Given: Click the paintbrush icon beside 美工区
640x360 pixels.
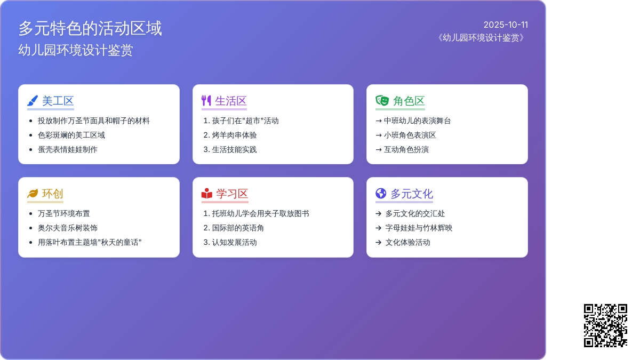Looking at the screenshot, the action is [33, 101].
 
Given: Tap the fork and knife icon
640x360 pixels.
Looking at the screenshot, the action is [206, 101].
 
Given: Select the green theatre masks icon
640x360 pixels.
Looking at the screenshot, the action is [382, 101].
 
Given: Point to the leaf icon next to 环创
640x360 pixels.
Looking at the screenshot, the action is [33, 194].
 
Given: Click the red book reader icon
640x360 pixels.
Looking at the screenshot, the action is [207, 194].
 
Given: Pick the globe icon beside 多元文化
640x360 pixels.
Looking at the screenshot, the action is [381, 194].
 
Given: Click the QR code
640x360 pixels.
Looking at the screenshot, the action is [605, 325].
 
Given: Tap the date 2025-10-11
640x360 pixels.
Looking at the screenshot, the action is [506, 25].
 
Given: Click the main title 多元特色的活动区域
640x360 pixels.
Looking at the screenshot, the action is [90, 29].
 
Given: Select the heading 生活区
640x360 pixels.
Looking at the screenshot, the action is [231, 101].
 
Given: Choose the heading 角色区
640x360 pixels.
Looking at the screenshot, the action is [409, 101].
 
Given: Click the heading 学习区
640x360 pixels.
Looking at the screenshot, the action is [232, 194].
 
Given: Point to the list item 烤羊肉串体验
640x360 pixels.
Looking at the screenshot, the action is [234, 135].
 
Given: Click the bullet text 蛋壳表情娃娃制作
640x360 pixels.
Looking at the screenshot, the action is [68, 149].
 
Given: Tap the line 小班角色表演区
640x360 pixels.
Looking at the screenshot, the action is [410, 135].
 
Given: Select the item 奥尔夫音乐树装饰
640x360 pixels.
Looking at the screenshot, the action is [68, 228].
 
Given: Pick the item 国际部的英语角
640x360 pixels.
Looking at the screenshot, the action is [238, 228].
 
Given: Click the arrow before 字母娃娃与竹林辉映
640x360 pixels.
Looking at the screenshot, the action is [379, 228].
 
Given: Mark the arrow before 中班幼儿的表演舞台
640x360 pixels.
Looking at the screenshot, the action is [379, 121].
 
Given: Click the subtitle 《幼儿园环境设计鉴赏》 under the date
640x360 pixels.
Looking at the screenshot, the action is [481, 38].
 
